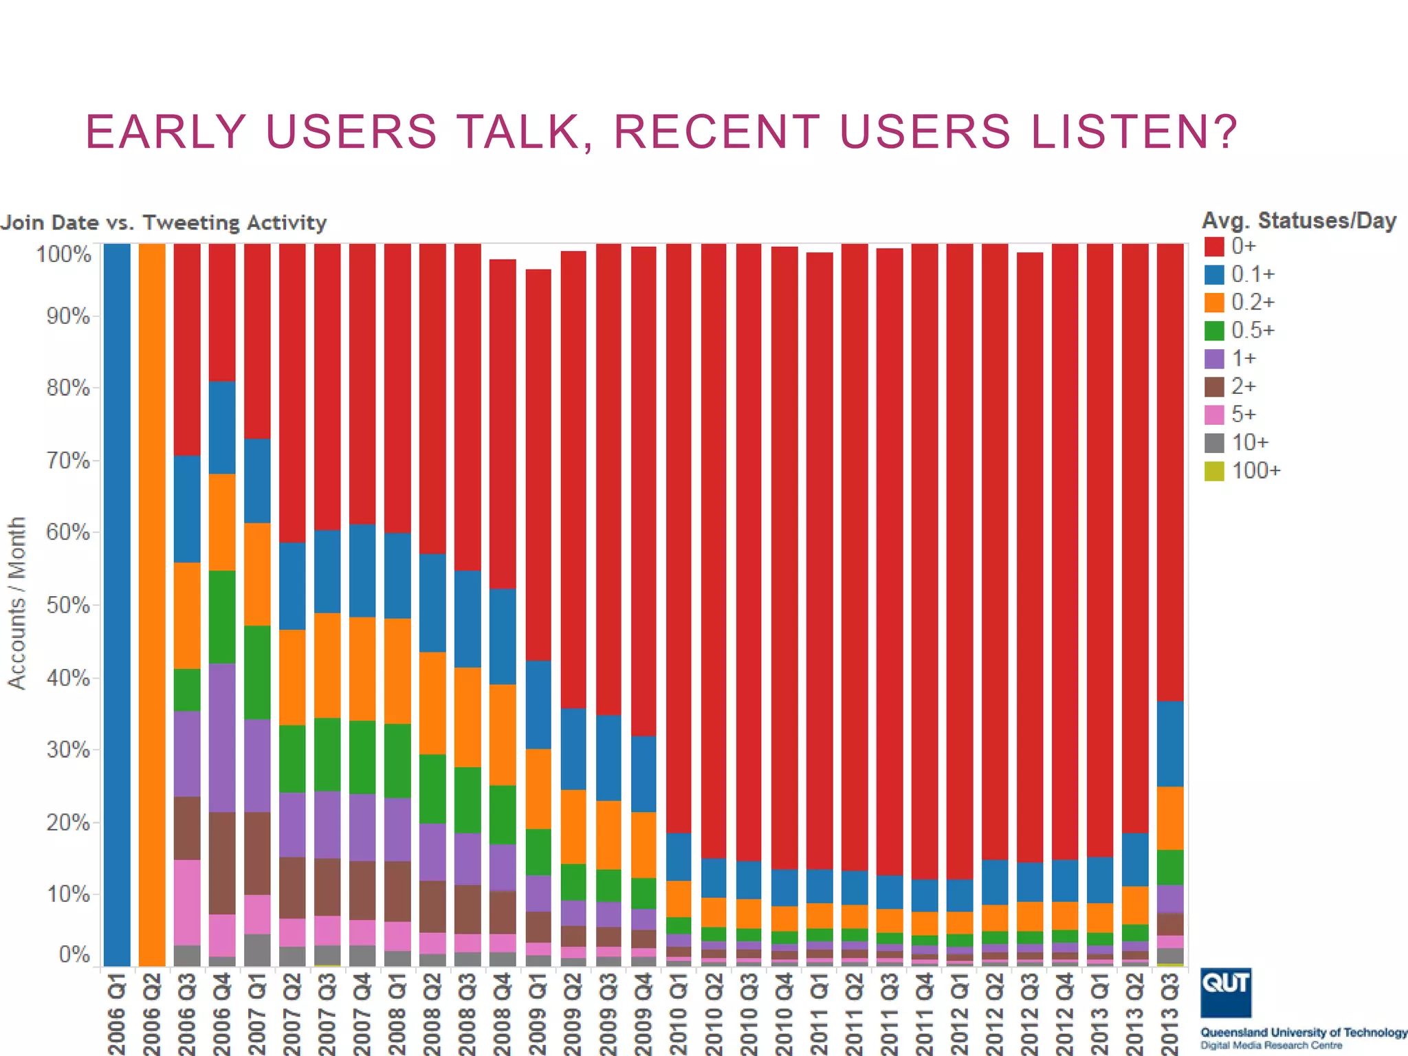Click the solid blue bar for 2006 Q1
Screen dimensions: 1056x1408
click(117, 605)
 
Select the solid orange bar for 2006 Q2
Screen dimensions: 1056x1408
click(152, 605)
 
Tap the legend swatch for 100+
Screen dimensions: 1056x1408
click(1214, 472)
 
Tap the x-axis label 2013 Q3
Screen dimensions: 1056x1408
click(1170, 1014)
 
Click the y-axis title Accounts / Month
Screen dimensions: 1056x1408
click(16, 603)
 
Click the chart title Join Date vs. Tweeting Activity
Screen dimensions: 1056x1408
click(164, 223)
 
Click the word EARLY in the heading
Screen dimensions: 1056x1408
click(166, 131)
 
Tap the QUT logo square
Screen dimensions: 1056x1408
click(1226, 993)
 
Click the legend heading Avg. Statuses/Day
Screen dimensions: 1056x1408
click(1299, 221)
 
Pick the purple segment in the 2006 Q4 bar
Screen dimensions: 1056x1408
click(222, 738)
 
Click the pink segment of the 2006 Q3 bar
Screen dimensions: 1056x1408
click(187, 902)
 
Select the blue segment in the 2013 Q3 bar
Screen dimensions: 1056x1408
click(1170, 744)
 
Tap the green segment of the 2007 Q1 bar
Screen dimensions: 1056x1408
click(257, 672)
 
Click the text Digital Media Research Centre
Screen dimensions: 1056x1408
click(1271, 1046)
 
